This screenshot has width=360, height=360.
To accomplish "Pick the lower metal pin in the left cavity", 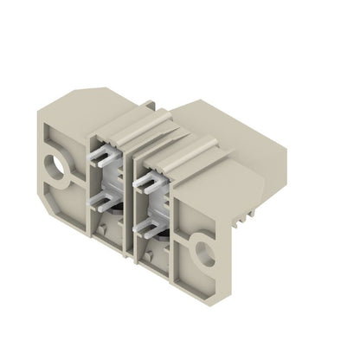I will pos(109,202).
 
